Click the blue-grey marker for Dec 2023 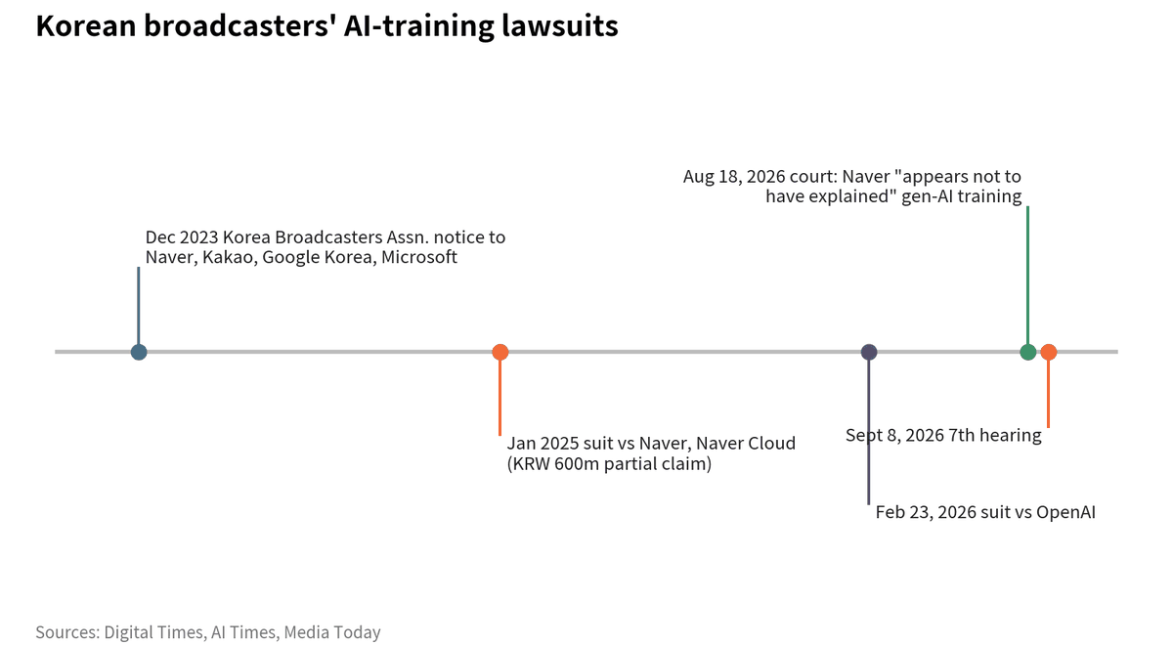coord(139,352)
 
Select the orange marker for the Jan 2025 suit coord(500,352)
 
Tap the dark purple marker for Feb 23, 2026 coord(869,352)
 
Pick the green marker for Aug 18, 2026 coord(1028,352)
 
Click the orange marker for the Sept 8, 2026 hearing coord(1048,352)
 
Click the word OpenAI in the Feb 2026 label coord(1065,512)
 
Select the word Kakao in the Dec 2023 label coord(230,257)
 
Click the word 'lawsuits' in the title coord(560,25)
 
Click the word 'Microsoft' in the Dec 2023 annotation coord(419,257)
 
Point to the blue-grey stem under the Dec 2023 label coord(139,305)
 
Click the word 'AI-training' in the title coord(419,25)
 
